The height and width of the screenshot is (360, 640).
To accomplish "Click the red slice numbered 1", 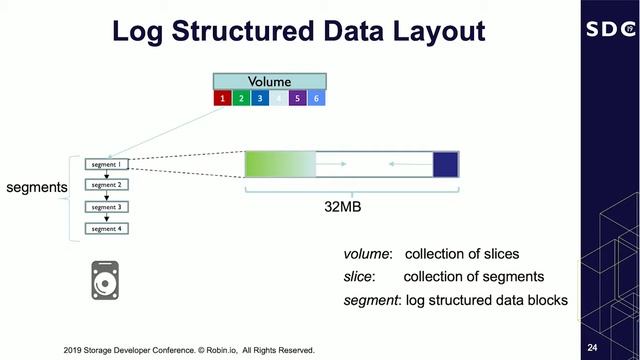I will (222, 99).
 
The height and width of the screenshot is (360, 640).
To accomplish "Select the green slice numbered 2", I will (241, 99).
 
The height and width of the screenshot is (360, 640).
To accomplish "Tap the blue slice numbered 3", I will (260, 99).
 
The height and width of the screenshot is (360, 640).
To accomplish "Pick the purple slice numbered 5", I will (297, 99).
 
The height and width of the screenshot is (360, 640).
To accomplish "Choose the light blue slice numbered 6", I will (316, 99).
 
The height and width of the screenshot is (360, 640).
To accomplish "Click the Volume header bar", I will (269, 81).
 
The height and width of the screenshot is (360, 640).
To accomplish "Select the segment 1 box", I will (106, 163).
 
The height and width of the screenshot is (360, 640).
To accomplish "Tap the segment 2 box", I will (106, 185).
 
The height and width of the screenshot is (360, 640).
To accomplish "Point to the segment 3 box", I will (106, 207).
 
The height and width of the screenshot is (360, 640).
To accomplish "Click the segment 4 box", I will (106, 229).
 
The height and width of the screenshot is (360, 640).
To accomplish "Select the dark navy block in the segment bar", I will (445, 165).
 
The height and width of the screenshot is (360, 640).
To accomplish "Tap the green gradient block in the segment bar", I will (279, 165).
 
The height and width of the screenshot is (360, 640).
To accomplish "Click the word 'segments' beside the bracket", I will (34, 187).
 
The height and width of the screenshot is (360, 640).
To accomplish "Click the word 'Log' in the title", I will (136, 31).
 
